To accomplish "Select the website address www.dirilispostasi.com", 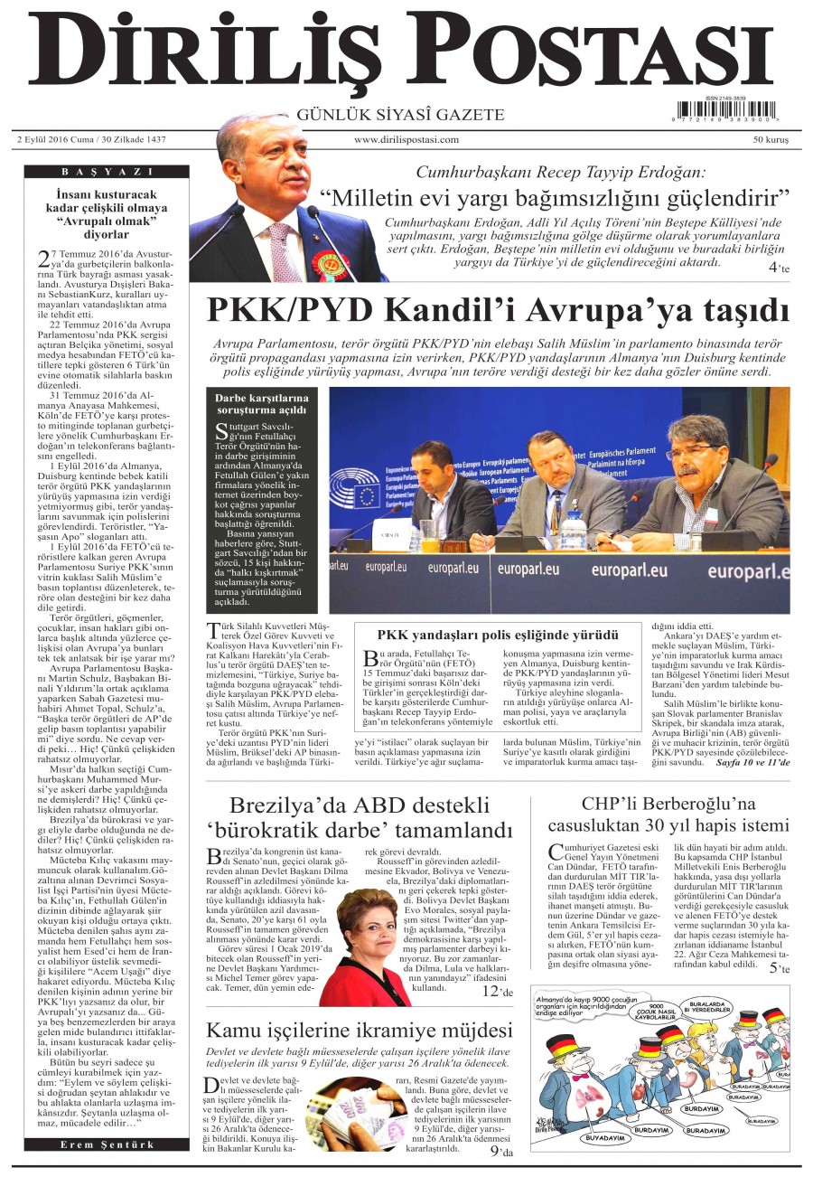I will click(406, 140).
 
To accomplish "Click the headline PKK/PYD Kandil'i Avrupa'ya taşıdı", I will click(498, 310).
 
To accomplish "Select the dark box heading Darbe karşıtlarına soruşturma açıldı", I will click(262, 404).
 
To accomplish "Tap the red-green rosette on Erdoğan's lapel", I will click(330, 263).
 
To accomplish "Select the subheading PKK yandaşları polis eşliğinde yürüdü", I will click(498, 635).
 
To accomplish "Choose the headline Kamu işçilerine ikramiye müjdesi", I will click(360, 1031).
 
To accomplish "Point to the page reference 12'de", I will click(496, 992).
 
